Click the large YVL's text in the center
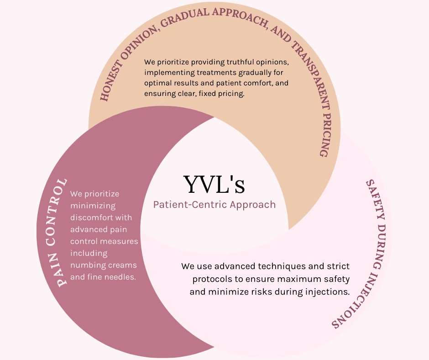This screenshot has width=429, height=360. [214, 185]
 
